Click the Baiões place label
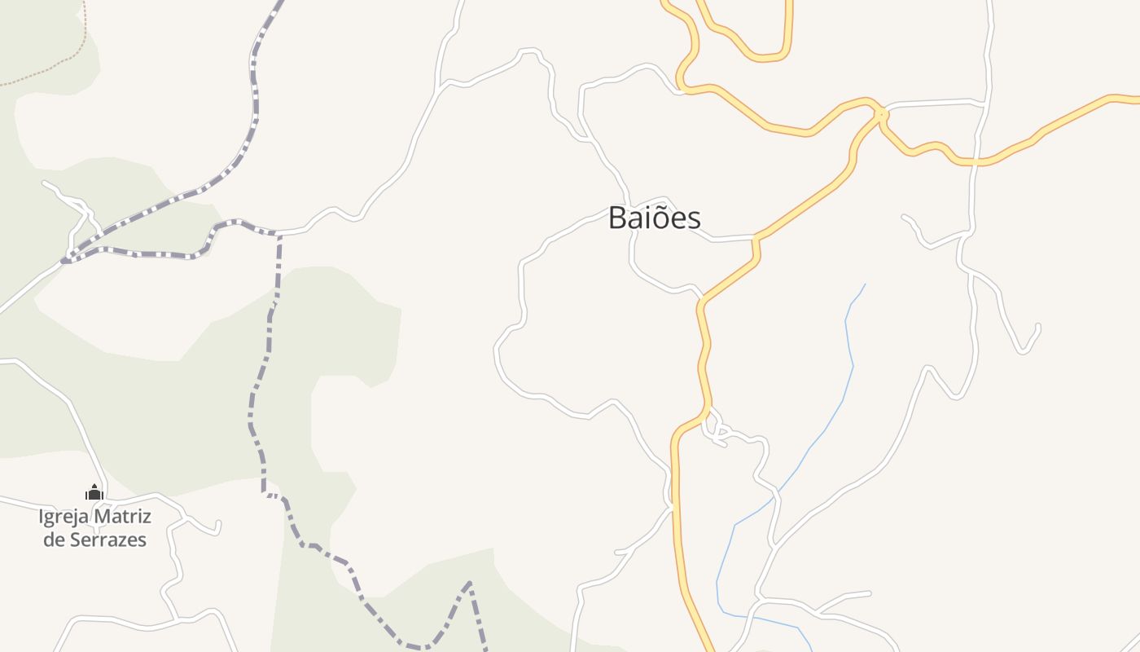[x=654, y=218]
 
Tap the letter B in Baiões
[x=618, y=218]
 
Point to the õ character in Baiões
[x=660, y=218]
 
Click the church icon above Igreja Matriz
[x=94, y=492]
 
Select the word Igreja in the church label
[x=64, y=516]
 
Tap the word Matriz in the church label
[x=122, y=516]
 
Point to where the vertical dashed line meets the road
[x=279, y=235]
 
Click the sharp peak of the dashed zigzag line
[x=469, y=583]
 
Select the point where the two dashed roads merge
[x=65, y=261]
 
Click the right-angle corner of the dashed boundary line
[x=265, y=493]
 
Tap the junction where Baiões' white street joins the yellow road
[x=756, y=238]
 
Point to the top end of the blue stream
[x=865, y=284]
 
